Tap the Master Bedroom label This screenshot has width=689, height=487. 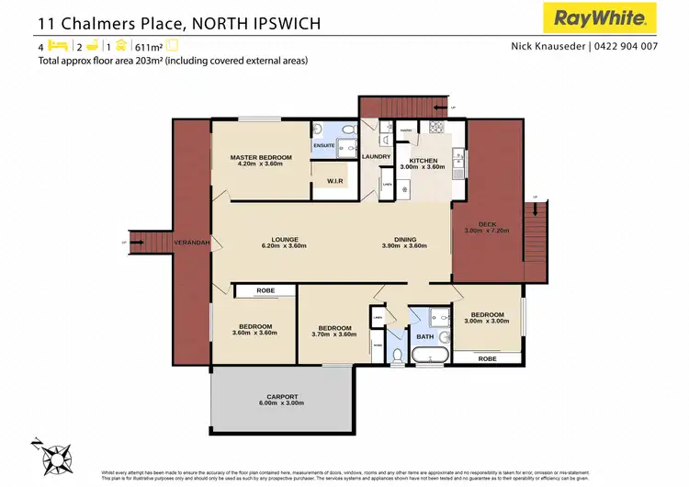coord(260,157)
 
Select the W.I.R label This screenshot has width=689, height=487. coord(334,181)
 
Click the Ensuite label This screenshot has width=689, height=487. coord(324,144)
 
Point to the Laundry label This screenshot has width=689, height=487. coord(377,157)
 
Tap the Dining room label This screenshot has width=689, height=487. coord(404,239)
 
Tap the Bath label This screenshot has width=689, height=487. coord(424,337)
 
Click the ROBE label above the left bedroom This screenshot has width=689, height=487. coord(265,290)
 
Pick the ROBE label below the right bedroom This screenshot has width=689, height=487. coord(488,359)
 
